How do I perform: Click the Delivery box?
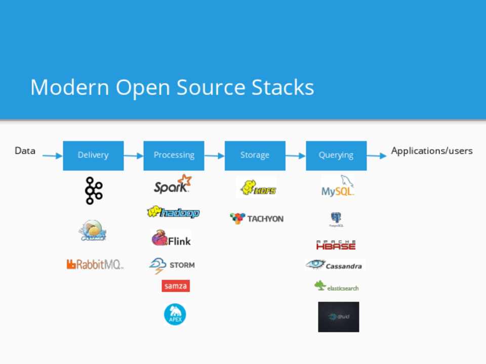tap(93, 155)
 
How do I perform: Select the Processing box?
tap(174, 155)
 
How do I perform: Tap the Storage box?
tap(255, 155)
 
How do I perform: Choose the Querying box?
tap(336, 155)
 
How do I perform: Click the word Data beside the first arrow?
tap(25, 151)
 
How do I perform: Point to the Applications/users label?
tap(432, 151)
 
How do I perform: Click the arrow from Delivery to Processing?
tap(133, 156)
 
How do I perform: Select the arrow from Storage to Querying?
tap(296, 156)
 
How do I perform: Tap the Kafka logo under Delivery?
tap(94, 191)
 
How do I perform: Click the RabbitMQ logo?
tap(95, 264)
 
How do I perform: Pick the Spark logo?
tap(173, 185)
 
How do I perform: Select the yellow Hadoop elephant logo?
tap(173, 212)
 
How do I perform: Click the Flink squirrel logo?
tap(171, 239)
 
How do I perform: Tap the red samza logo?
tap(176, 286)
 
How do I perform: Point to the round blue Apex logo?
tap(175, 314)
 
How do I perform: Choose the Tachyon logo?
tap(257, 218)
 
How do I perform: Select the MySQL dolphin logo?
tap(338, 186)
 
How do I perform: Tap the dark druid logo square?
tap(338, 317)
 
